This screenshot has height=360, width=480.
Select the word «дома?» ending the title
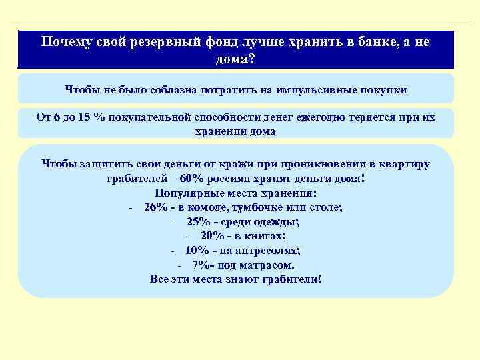click(x=235, y=59)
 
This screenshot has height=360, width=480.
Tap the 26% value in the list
click(x=155, y=208)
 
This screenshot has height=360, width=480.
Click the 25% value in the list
click(x=199, y=223)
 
